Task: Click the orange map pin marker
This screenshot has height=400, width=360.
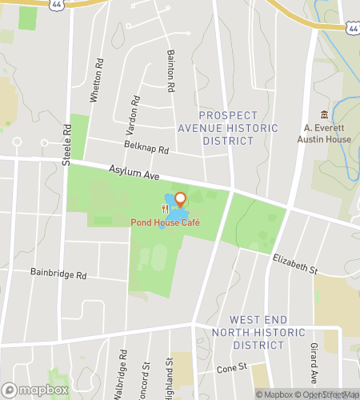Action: pos(180,199)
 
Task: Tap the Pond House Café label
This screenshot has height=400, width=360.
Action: pos(166,222)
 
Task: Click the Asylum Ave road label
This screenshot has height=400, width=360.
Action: pos(130,170)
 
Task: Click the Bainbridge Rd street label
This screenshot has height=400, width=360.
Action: pos(58,274)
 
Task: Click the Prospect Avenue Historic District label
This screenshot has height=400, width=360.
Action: pos(238,128)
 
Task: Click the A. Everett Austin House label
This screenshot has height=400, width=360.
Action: pos(325,133)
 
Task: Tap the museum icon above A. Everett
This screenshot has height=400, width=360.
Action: pos(324,114)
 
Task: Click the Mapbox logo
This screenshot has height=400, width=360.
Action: pos(34,390)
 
